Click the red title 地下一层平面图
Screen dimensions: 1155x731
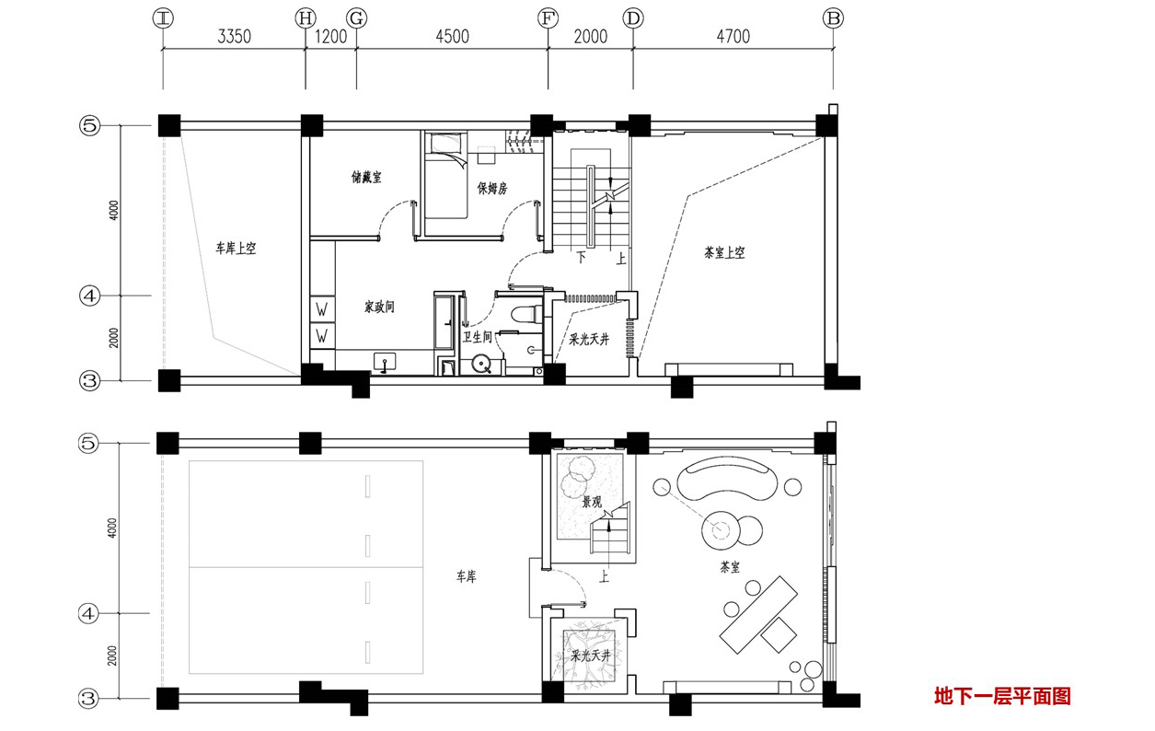pos(1002,696)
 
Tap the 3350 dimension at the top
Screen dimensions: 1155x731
pos(234,37)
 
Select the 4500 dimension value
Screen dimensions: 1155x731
pos(452,37)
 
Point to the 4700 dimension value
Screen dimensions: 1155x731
pos(733,37)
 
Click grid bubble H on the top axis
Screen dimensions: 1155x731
pos(306,18)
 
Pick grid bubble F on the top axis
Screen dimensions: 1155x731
pos(548,18)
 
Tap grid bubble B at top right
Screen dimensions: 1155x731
pos(833,18)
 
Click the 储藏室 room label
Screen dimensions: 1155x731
pos(366,178)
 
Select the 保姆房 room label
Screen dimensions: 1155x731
pos(491,188)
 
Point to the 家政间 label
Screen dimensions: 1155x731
pos(379,307)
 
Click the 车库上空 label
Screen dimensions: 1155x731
pos(236,249)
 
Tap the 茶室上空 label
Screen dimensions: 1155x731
pos(724,253)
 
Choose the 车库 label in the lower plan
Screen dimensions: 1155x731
pos(466,576)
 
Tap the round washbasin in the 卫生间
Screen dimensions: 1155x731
pos(481,364)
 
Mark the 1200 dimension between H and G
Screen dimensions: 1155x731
pos(330,37)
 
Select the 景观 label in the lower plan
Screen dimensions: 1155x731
pos(592,502)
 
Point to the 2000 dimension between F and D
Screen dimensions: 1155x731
pos(591,37)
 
